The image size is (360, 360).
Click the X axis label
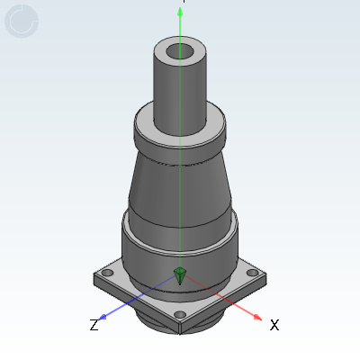(x=274, y=325)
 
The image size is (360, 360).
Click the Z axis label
(x=94, y=325)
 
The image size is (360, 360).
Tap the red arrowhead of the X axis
(x=258, y=318)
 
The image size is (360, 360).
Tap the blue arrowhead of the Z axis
(x=103, y=317)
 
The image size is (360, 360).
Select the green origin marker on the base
(x=180, y=274)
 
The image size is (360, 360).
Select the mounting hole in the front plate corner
(x=180, y=314)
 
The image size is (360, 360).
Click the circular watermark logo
(x=22, y=22)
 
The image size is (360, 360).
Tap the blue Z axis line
(x=135, y=300)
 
